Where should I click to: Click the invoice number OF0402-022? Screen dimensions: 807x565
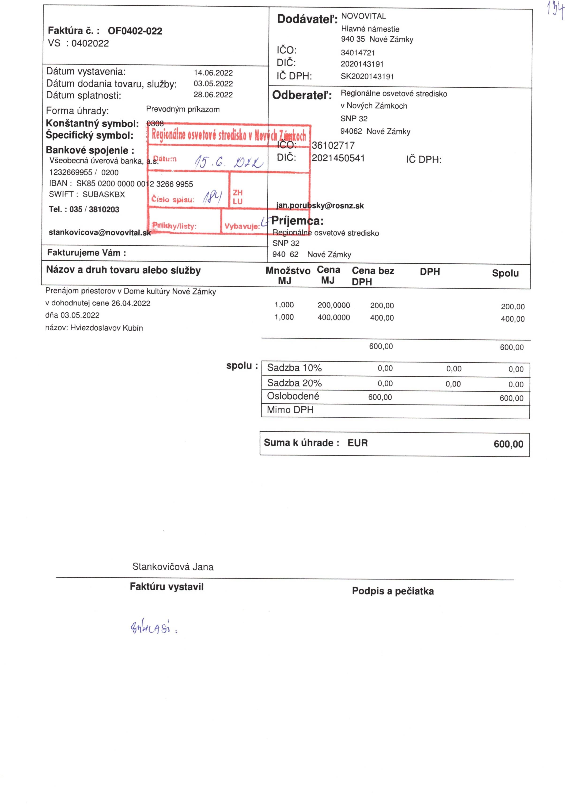135,31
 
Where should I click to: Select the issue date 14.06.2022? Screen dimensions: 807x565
213,73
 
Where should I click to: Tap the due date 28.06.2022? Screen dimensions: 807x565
213,95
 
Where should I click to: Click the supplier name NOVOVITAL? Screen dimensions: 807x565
364,16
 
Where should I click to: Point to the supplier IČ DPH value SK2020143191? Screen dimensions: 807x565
367,77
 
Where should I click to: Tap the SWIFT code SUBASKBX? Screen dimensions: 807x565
104,194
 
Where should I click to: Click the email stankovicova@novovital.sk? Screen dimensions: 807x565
100,232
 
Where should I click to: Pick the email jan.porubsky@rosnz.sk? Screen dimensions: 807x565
320,206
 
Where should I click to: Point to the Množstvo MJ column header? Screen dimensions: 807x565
288,275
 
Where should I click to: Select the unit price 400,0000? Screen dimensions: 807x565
334,317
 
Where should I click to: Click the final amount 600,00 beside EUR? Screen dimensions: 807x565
508,444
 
